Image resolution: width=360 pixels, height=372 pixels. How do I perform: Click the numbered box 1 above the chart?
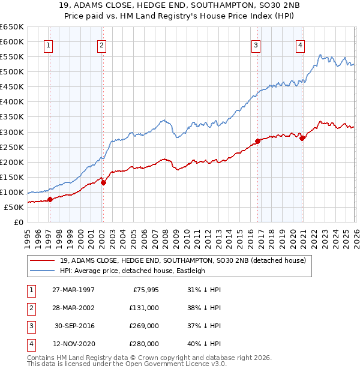pyautogui.click(x=47, y=45)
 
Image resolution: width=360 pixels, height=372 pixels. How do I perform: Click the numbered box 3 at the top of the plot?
pyautogui.click(x=256, y=45)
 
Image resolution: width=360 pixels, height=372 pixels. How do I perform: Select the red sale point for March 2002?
pyautogui.click(x=103, y=183)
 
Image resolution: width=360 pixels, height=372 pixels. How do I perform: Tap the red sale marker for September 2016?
pyautogui.click(x=257, y=141)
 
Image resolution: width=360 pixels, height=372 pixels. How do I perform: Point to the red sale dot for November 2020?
pyautogui.click(x=302, y=138)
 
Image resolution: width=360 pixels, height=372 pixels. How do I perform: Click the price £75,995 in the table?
pyautogui.click(x=144, y=290)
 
